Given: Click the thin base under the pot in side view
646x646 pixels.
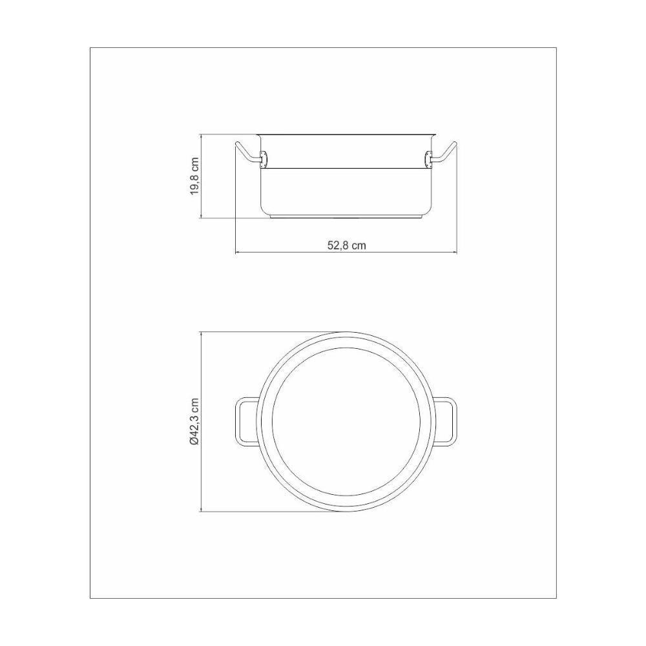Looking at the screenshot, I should (x=346, y=217).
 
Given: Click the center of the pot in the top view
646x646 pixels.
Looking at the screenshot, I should (x=346, y=422).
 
